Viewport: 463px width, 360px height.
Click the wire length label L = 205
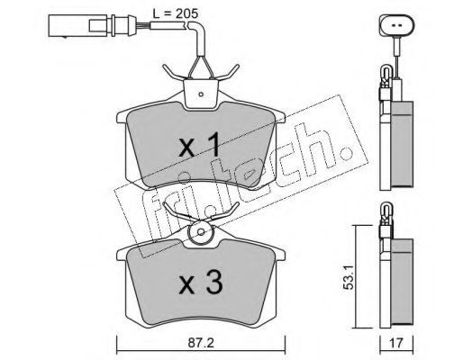pos(175,13)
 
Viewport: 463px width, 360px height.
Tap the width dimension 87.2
pos(201,343)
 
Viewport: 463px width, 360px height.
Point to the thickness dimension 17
pos(396,343)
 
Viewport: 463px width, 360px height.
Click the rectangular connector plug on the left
pos(77,25)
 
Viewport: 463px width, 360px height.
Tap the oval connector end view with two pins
pos(397,26)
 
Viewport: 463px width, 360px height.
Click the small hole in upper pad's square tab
pos(201,94)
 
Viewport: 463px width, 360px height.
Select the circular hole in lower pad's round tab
pos(201,232)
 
